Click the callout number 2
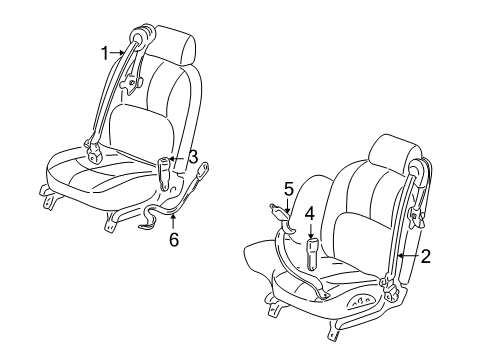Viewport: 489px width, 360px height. point(425,256)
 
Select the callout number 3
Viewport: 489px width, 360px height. point(192,155)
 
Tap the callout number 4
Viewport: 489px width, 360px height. point(310,212)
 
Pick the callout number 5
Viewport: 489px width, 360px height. point(288,187)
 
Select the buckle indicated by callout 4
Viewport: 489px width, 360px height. point(310,251)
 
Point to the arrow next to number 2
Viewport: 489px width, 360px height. point(405,257)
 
